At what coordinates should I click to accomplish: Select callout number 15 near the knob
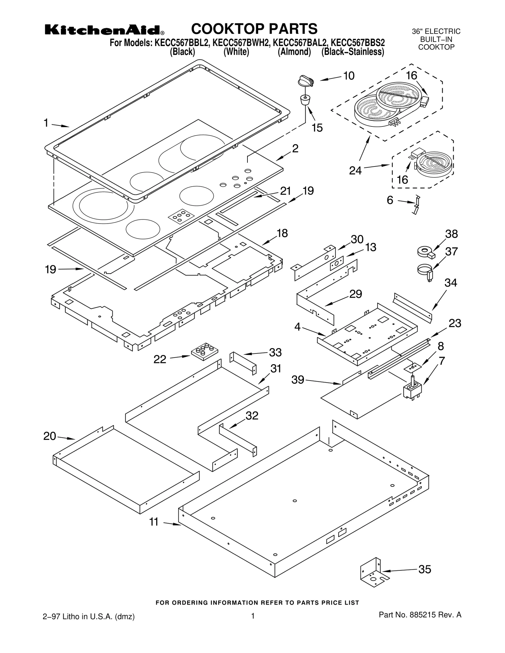[317, 128]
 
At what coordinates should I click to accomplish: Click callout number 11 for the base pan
[154, 522]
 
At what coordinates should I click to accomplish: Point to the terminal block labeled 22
[205, 351]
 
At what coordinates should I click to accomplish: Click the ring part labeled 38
[425, 252]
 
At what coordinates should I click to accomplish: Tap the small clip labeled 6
[416, 205]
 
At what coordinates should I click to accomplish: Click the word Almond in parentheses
[294, 52]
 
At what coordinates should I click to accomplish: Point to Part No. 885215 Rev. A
[420, 615]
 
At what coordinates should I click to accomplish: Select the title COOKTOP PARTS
[254, 29]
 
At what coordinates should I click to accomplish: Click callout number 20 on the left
[50, 436]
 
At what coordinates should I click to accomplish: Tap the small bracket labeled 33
[243, 363]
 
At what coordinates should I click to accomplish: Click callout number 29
[355, 294]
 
